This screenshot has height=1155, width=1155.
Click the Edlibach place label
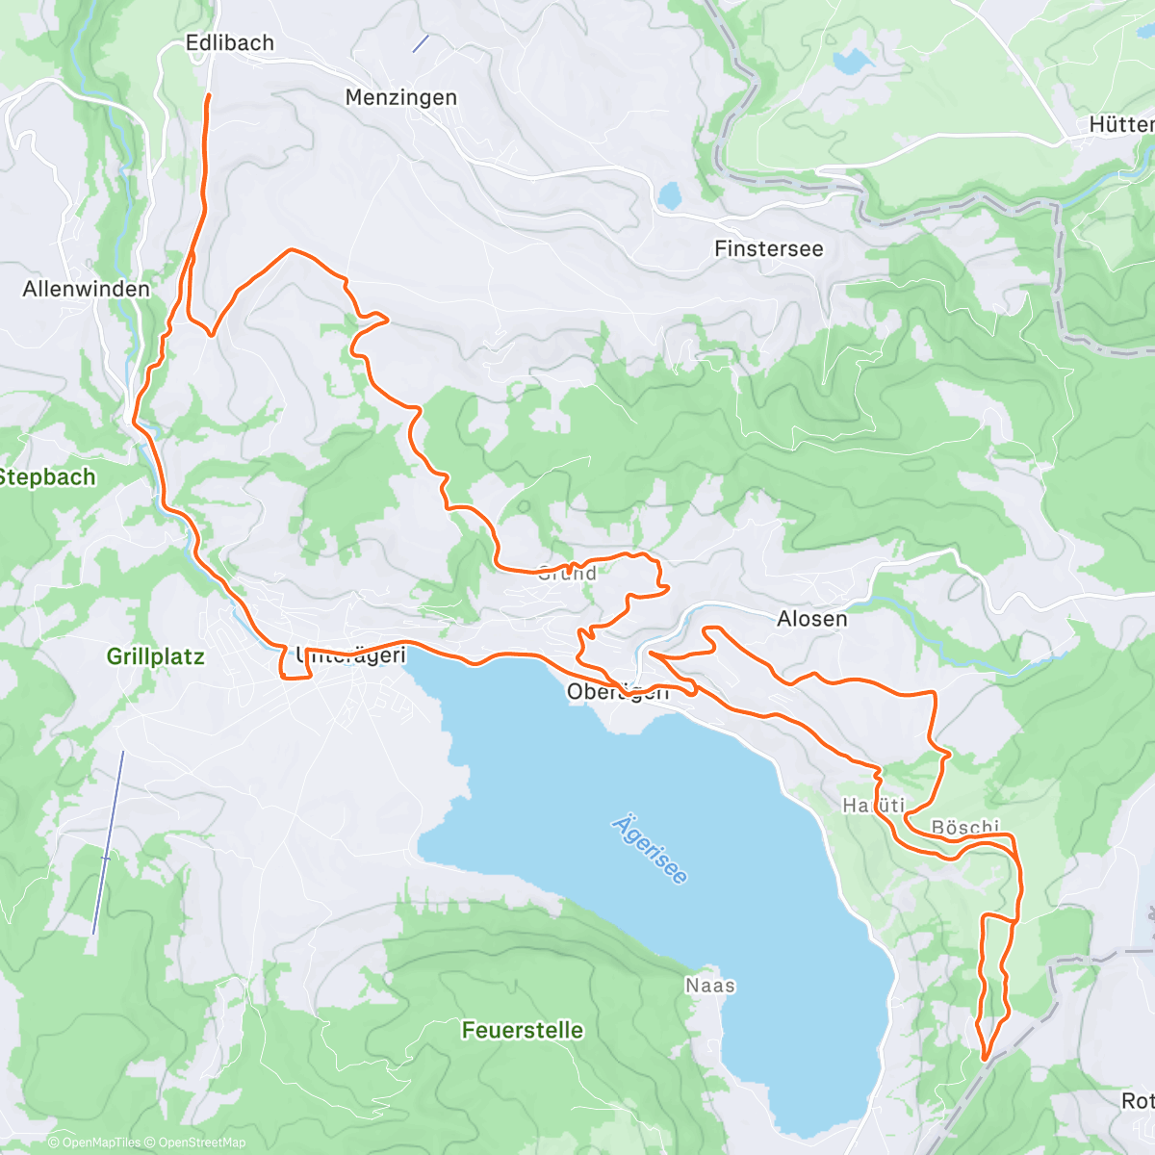click(230, 42)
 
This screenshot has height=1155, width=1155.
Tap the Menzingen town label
click(400, 97)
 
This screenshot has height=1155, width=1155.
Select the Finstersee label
click(768, 248)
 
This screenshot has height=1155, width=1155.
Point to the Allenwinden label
click(87, 289)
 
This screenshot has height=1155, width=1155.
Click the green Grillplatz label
click(155, 656)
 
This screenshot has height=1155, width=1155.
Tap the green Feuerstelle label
click(523, 1030)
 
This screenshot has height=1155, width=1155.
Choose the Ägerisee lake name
click(651, 850)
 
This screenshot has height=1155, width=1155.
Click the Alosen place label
click(812, 619)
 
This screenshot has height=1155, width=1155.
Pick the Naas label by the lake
click(710, 985)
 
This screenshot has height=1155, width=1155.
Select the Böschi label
click(965, 828)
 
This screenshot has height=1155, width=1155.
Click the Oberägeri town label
click(617, 691)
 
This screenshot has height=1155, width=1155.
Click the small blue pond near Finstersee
click(668, 195)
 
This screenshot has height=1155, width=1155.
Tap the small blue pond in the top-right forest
click(850, 63)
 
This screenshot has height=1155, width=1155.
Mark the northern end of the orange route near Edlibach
click(209, 95)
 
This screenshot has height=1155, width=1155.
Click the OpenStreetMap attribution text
click(202, 1142)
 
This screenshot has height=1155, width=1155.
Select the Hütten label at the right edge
click(1121, 124)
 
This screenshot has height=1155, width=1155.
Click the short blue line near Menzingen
click(421, 43)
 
